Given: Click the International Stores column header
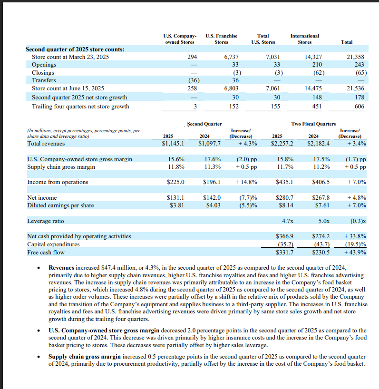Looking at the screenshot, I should (x=304, y=39).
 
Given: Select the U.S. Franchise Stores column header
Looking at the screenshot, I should (x=221, y=39).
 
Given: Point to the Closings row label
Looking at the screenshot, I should (x=43, y=73).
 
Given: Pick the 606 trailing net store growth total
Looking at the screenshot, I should (x=359, y=106).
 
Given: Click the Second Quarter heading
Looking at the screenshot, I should (x=204, y=124).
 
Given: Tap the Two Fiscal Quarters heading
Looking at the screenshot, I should (x=313, y=124).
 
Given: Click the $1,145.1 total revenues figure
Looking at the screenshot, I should (x=174, y=143).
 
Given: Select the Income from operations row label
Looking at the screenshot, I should (x=58, y=182).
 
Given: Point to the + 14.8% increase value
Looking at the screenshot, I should (x=246, y=182).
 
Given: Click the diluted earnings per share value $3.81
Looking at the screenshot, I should (x=177, y=205).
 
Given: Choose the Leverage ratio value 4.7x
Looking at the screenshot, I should (x=287, y=221).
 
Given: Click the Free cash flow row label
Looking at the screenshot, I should (x=46, y=252).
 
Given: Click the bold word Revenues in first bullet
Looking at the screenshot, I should (x=61, y=268).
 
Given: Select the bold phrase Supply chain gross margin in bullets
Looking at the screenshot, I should (x=85, y=356).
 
